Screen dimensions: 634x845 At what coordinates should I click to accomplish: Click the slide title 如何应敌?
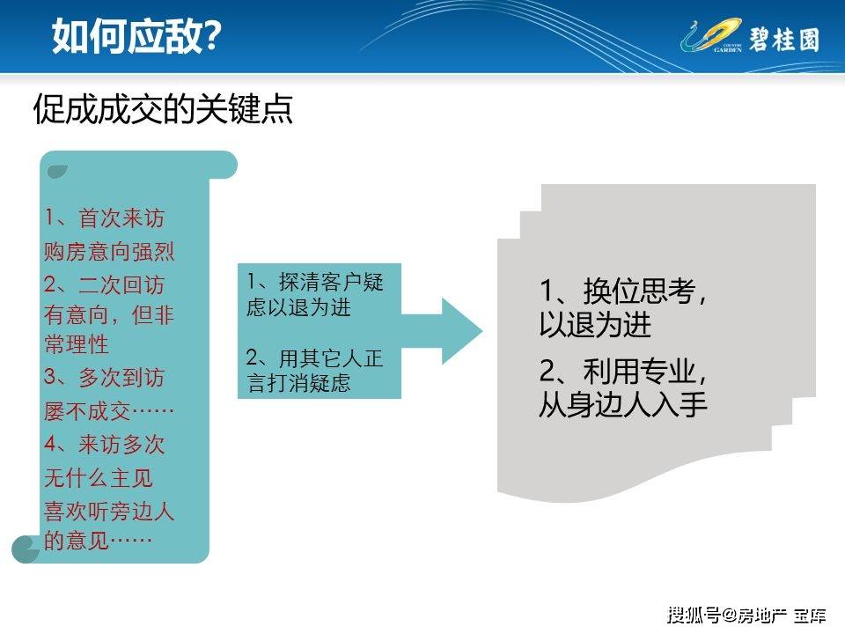coord(136,36)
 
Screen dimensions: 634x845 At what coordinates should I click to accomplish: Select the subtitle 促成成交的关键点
coord(163,110)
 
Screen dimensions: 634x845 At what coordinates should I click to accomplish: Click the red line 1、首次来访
coord(104,217)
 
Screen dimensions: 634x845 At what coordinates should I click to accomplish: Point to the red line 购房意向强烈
coord(109,252)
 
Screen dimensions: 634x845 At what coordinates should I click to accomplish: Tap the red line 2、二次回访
coord(104,285)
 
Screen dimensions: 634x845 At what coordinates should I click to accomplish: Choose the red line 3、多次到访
coord(104,379)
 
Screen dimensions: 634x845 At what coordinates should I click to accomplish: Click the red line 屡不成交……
coord(109,411)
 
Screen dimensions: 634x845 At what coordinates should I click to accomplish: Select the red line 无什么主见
coord(99,477)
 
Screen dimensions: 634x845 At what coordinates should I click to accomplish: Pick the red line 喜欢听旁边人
coord(109,510)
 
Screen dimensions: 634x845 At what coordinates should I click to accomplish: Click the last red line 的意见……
coord(99,541)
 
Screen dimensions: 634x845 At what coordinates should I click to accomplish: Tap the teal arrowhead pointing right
coord(459,331)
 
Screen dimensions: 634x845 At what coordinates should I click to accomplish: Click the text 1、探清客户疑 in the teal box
coord(315,283)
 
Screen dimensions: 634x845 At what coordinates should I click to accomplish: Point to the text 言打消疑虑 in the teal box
coord(299,384)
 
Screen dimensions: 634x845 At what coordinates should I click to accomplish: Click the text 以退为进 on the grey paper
coord(595,325)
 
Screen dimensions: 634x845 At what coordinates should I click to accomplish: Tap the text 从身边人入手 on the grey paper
coord(623,405)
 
